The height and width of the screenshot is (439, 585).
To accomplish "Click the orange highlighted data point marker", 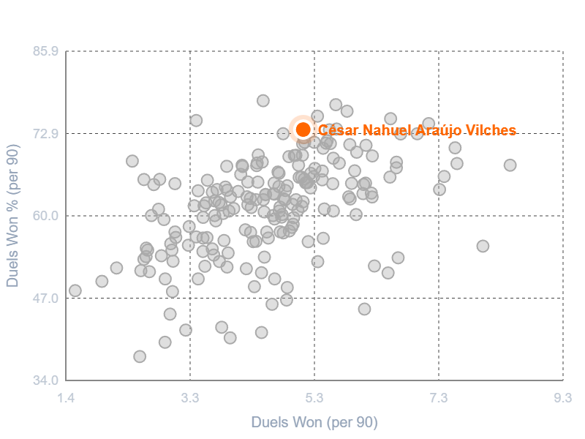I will tap(303, 130).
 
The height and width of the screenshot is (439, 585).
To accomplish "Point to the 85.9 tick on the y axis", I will tap(45, 51).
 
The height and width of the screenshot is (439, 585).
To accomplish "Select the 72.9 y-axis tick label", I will tap(45, 134).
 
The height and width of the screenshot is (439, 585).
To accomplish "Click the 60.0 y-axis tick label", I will tap(45, 216).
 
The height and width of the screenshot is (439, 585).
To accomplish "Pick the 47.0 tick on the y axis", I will tap(45, 299).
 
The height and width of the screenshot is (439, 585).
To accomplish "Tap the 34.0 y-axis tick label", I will tap(45, 380).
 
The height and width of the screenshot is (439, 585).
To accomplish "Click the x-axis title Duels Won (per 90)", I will tap(314, 422).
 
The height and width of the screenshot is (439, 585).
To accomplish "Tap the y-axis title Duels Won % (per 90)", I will tap(12, 216).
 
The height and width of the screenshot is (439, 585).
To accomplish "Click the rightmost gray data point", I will tap(510, 165).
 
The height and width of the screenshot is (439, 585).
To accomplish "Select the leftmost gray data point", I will tap(75, 290).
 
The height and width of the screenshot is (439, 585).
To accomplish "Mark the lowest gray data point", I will tap(140, 356).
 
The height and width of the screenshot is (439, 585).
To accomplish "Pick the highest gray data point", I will tap(263, 101).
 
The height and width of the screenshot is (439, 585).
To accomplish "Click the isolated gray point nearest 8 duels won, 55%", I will tap(483, 246).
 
